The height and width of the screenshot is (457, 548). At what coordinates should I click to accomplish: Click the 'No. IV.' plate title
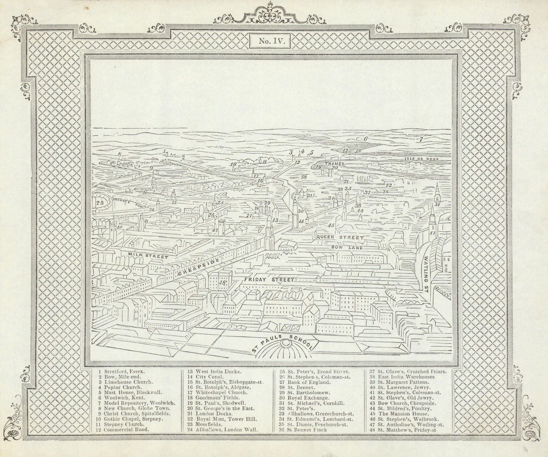(x=270, y=41)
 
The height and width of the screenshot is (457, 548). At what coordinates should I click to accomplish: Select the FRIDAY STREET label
(x=269, y=280)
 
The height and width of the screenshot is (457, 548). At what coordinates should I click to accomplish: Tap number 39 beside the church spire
(x=437, y=204)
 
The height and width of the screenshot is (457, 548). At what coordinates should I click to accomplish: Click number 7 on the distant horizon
(x=421, y=140)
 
